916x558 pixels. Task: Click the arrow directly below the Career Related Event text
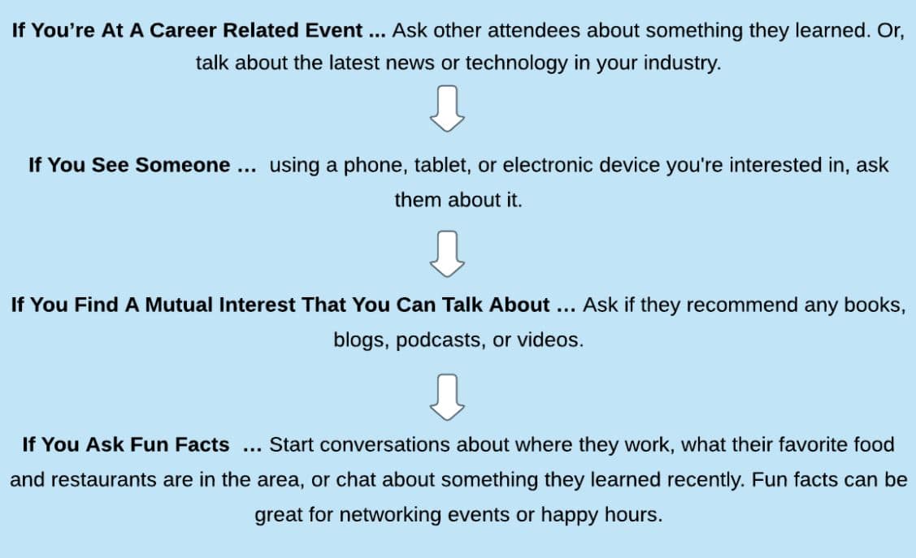point(447,109)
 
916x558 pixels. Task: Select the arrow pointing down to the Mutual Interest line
point(447,254)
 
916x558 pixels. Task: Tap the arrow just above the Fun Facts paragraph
point(447,397)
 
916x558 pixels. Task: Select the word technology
point(516,63)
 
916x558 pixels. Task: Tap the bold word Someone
point(182,165)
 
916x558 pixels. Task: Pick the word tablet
point(442,165)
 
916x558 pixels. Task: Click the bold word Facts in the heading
point(202,445)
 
